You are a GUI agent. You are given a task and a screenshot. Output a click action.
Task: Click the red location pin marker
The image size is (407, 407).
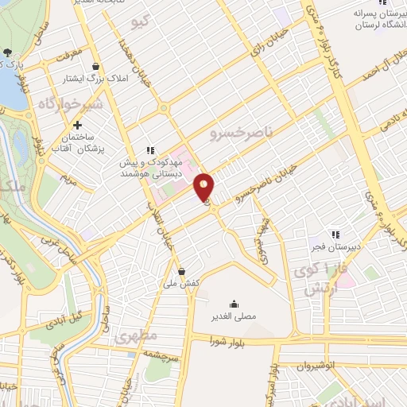pos(204,187)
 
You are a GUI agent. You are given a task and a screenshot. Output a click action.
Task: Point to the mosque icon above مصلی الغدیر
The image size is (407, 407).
pos(234,304)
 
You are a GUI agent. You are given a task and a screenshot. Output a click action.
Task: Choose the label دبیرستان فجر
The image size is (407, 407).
pos(336,247)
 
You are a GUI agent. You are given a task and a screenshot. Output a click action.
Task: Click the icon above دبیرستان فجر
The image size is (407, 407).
pos(335,235)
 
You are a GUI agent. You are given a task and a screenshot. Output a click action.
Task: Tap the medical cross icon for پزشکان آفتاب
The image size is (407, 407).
pos(77,125)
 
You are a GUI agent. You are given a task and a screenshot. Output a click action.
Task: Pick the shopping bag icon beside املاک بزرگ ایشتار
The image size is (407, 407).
pos(96,66)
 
